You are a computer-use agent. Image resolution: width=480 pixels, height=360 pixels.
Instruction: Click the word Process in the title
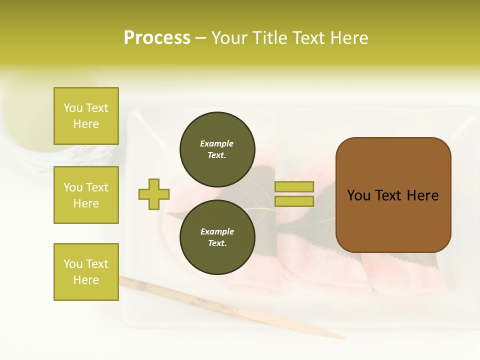coord(157,38)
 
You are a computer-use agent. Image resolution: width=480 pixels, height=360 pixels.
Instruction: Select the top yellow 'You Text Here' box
coord(86,116)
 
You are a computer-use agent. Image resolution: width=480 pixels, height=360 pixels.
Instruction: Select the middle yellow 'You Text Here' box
coord(86,195)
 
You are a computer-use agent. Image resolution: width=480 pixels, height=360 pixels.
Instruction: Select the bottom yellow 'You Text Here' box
coord(86,271)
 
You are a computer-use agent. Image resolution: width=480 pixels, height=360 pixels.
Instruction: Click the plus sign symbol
coord(154,194)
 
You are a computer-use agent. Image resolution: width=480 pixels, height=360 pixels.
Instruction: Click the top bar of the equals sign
coord(294,186)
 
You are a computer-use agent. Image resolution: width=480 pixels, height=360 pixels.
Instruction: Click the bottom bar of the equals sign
coord(294,201)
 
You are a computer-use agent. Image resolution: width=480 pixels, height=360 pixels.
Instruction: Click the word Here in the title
coord(347,38)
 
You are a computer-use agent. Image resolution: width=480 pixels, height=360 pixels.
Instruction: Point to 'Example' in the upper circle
coord(217,143)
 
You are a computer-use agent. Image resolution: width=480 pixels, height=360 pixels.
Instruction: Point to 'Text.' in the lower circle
coord(217,243)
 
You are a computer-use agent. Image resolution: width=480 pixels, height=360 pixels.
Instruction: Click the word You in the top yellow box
coord(72,108)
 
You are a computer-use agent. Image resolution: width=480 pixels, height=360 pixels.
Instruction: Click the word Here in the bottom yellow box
coord(86,280)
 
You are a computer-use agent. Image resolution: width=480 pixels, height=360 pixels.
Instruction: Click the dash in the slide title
coord(200,38)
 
